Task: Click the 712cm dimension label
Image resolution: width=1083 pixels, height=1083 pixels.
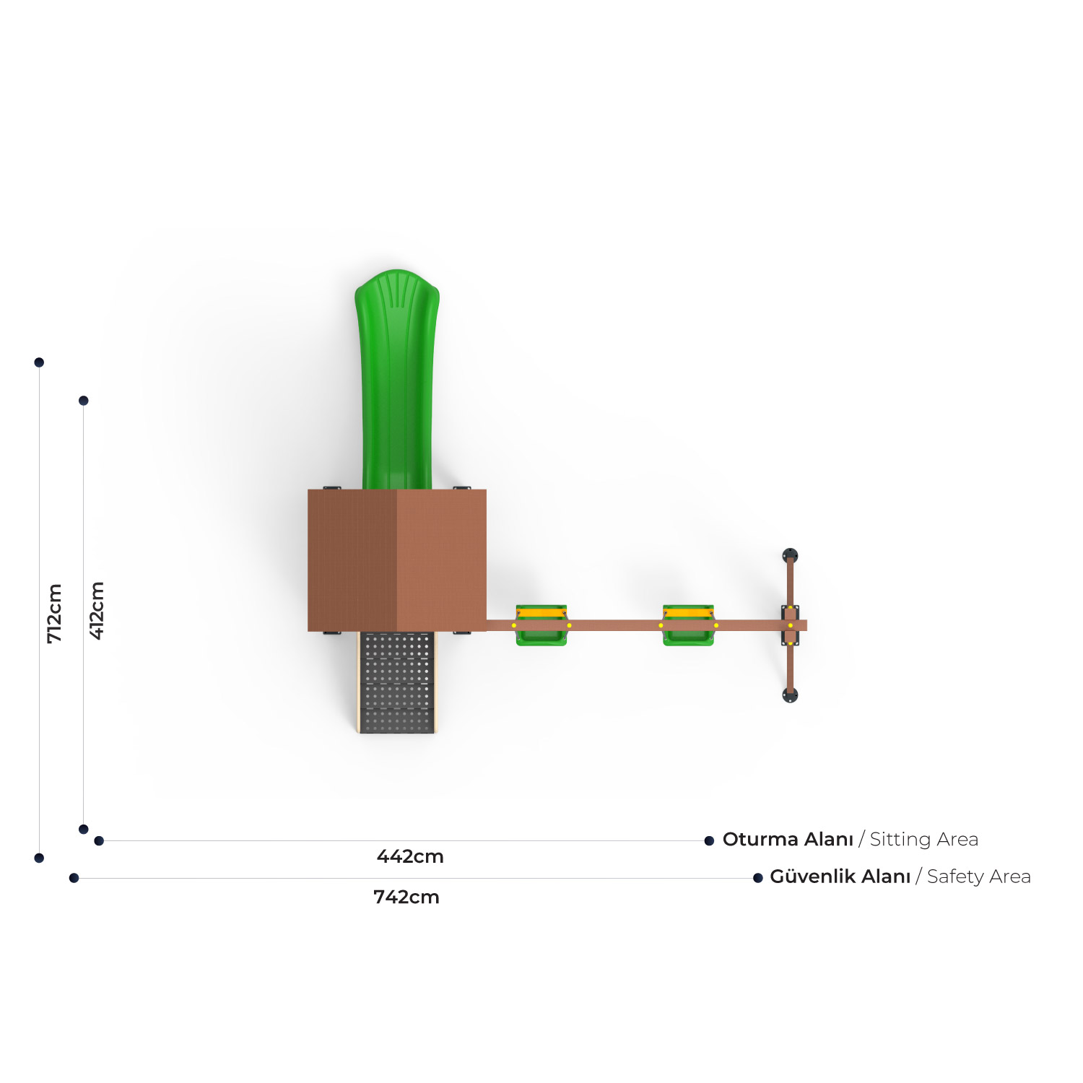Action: coord(55,614)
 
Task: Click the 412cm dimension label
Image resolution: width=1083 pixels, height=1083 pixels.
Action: coord(97,611)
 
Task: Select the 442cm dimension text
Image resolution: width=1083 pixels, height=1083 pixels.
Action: coord(410,857)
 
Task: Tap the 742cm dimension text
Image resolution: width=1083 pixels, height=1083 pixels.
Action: coord(406,897)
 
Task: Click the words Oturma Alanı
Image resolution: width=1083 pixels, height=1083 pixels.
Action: coord(788,840)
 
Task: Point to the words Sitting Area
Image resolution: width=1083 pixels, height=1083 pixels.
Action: coord(924,840)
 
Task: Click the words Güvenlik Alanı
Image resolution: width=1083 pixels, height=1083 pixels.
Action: coord(840,877)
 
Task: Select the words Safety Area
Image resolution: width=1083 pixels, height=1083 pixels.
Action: coord(979,877)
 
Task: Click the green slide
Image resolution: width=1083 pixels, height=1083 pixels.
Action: coord(397,379)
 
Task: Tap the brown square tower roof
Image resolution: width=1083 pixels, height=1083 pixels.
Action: coord(397,560)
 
